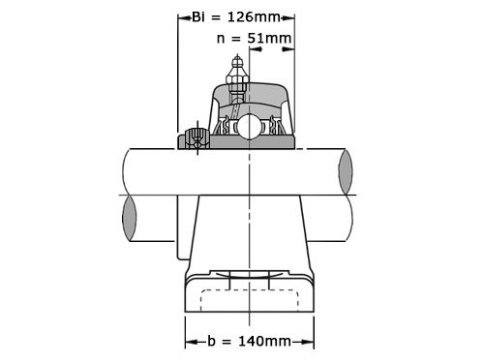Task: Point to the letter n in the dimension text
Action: click(x=222, y=40)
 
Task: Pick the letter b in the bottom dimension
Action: click(x=212, y=341)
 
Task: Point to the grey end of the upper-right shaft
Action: click(x=346, y=171)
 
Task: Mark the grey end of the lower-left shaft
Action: click(x=130, y=219)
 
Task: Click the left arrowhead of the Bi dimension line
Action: click(x=181, y=16)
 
